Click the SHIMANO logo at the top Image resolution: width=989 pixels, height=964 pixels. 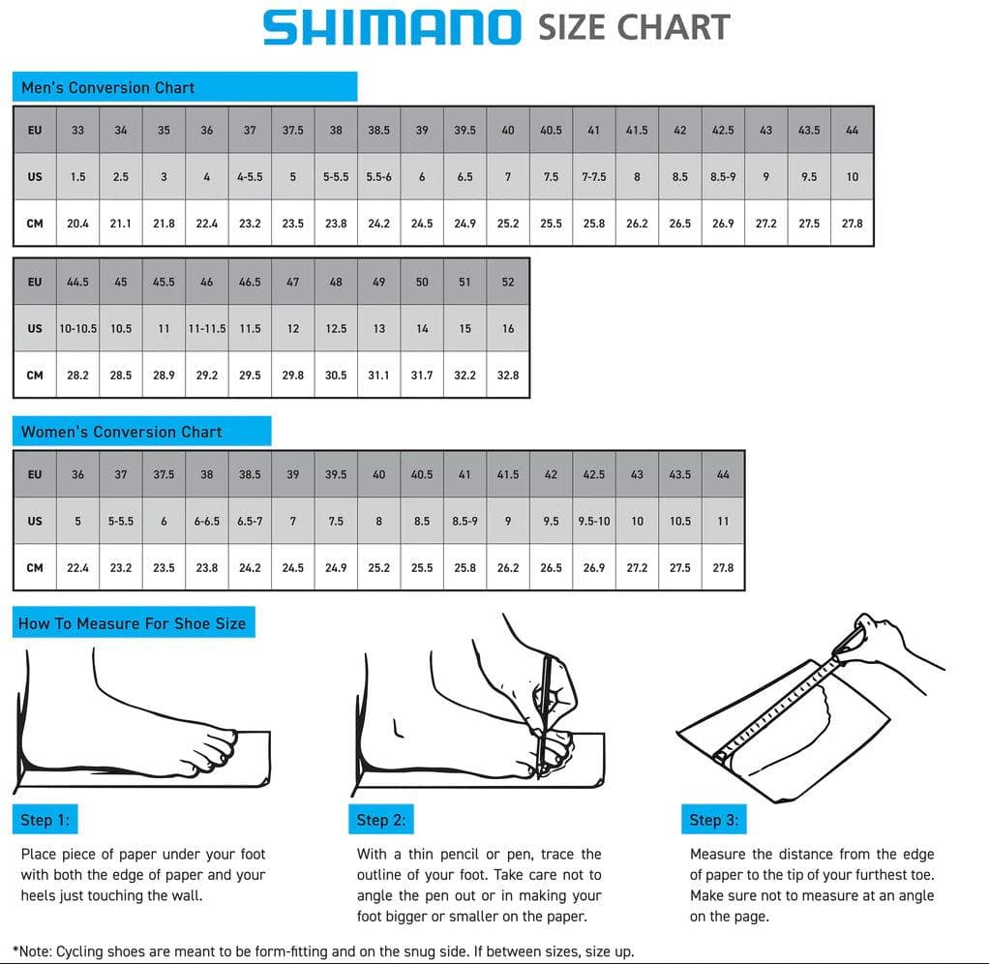pyautogui.click(x=392, y=26)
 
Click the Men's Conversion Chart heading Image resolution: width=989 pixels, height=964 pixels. pyautogui.click(x=107, y=87)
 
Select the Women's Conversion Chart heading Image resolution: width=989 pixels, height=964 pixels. pyautogui.click(x=121, y=432)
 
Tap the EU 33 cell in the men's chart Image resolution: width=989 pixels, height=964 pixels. pyautogui.click(x=77, y=130)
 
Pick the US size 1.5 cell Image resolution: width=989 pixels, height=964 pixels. pyautogui.click(x=77, y=177)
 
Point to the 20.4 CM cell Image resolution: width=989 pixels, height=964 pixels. pyautogui.click(x=77, y=224)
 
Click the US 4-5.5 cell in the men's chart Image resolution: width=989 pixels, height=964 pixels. pyautogui.click(x=250, y=177)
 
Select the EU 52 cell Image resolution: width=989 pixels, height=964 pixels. pyautogui.click(x=508, y=283)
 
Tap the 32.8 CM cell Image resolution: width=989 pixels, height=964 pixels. pyautogui.click(x=508, y=375)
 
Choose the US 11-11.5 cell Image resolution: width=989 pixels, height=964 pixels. pyautogui.click(x=207, y=328)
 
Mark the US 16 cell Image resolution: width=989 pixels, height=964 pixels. pyautogui.click(x=508, y=328)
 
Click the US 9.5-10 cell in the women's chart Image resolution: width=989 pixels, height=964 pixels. pyautogui.click(x=594, y=521)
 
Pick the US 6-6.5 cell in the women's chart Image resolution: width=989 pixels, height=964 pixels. pyautogui.click(x=207, y=521)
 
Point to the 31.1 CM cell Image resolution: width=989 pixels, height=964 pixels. pyautogui.click(x=378, y=375)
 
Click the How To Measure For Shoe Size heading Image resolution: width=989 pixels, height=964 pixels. pyautogui.click(x=133, y=623)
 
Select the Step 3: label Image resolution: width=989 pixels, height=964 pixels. pyautogui.click(x=713, y=820)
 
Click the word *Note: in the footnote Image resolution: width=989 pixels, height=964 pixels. pyautogui.click(x=35, y=951)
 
